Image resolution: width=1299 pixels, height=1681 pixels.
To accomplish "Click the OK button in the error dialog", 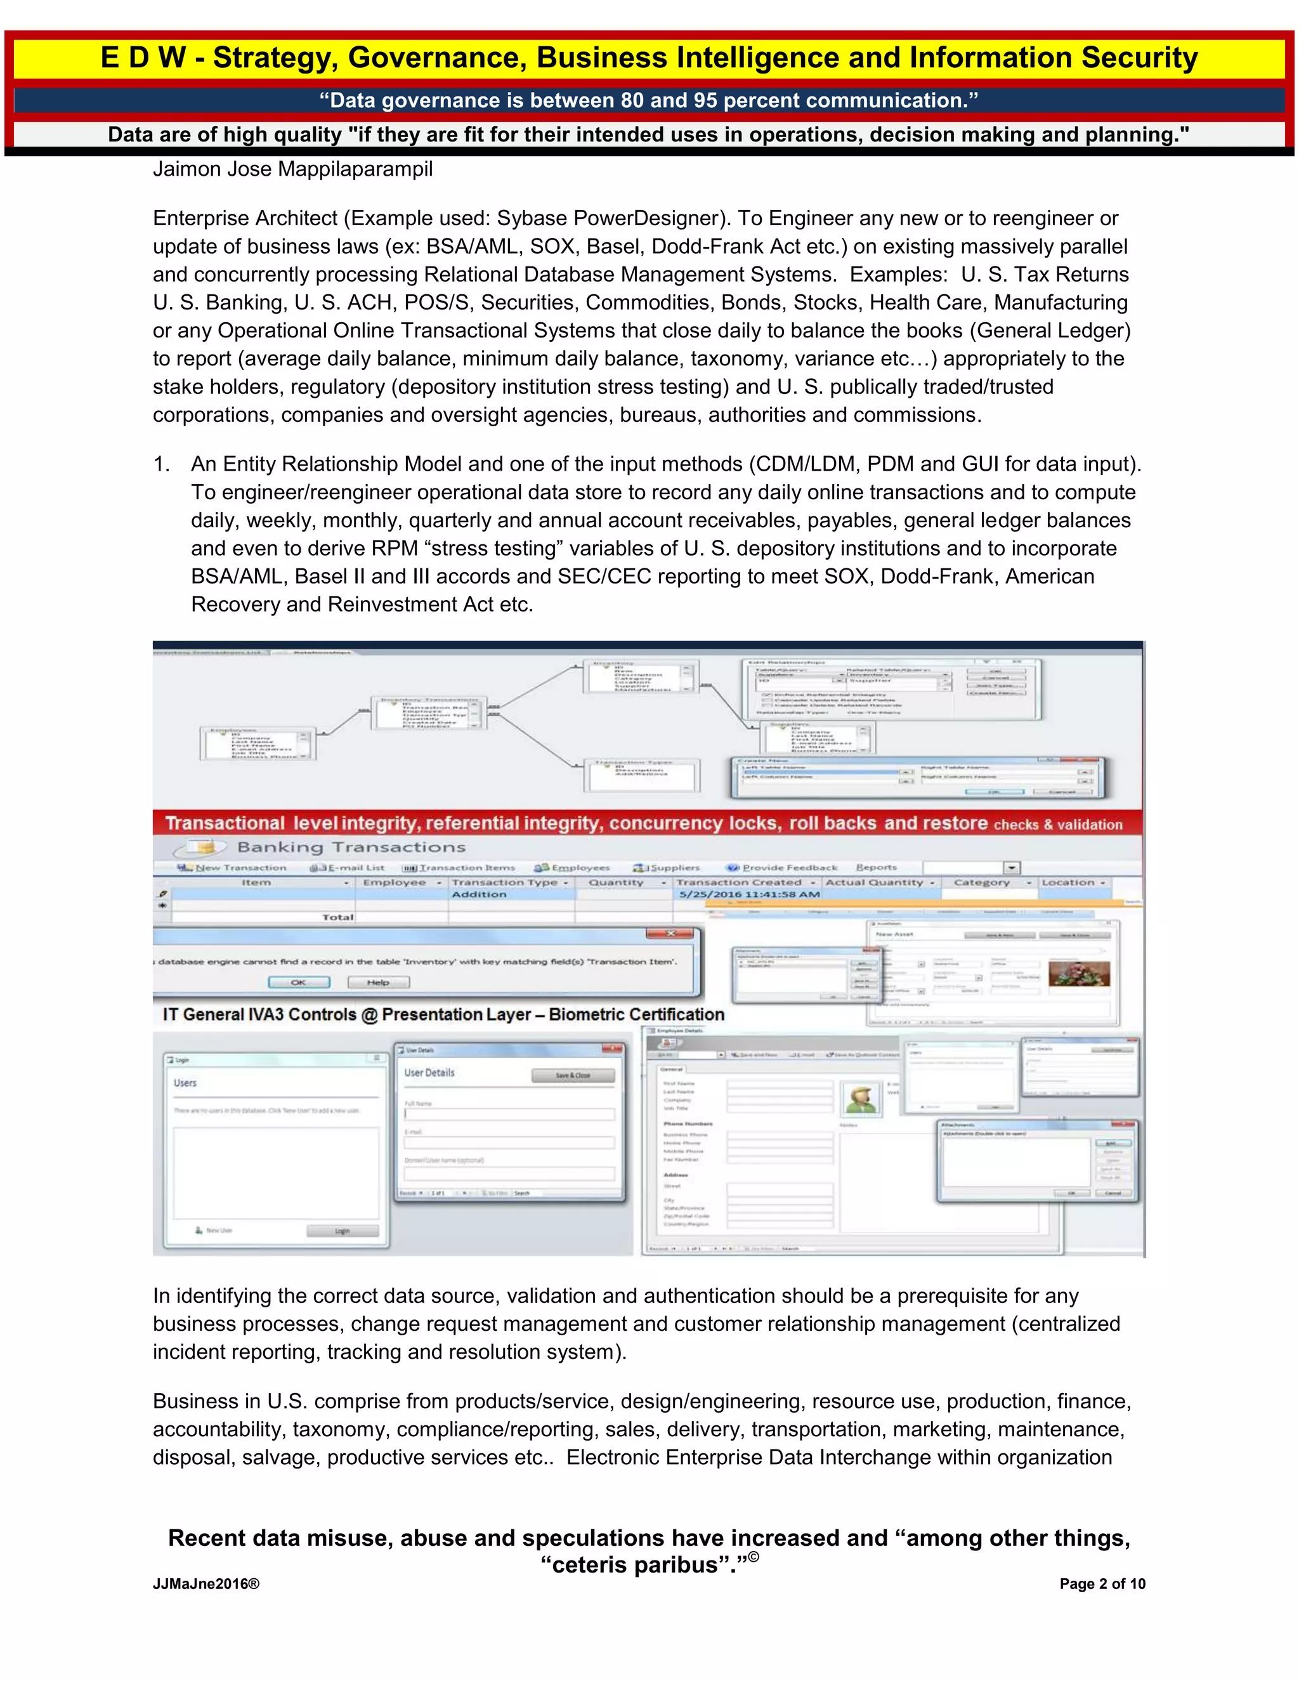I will [x=299, y=982].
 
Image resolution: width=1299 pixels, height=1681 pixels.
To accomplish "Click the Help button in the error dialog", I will [x=378, y=982].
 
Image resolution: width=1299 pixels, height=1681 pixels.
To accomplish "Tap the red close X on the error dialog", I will [x=670, y=933].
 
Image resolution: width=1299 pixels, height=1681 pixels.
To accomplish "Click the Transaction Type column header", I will [x=509, y=882].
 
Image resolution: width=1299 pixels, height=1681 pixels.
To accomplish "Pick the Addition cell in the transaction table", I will [x=480, y=894].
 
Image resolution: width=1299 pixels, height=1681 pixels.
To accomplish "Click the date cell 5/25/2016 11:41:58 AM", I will [x=749, y=894].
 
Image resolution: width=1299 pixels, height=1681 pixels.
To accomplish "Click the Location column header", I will [x=1072, y=882].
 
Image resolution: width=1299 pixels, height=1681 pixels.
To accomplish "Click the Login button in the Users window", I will [x=343, y=1231].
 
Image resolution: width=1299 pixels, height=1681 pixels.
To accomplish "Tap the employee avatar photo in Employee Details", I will [x=861, y=1099].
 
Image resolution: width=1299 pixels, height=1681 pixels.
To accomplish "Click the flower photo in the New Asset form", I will [x=1079, y=974].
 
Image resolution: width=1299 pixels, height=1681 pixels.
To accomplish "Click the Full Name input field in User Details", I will [x=509, y=1114].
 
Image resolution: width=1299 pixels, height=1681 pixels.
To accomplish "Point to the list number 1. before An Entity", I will [x=161, y=464].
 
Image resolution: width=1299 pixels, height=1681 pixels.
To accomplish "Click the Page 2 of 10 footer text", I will [x=1101, y=1583].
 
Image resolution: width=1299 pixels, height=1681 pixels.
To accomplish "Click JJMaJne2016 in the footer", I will [x=206, y=1583].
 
